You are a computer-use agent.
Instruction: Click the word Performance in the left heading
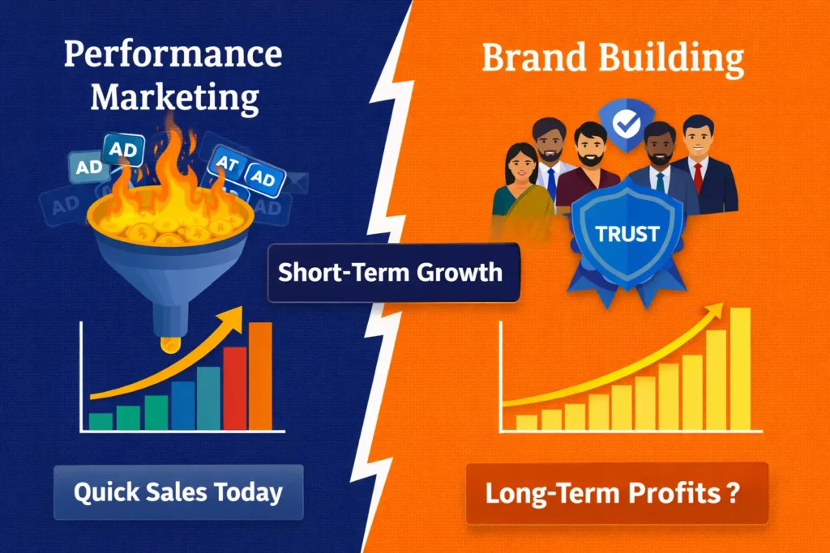173,56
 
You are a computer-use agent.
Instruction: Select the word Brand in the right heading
530,59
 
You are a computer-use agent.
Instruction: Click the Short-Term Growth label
390,272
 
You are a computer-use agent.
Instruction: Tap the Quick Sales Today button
178,492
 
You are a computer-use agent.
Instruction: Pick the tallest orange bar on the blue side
260,376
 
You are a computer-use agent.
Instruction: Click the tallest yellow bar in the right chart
740,368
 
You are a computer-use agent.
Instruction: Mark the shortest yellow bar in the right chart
526,422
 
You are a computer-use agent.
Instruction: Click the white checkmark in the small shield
627,124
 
